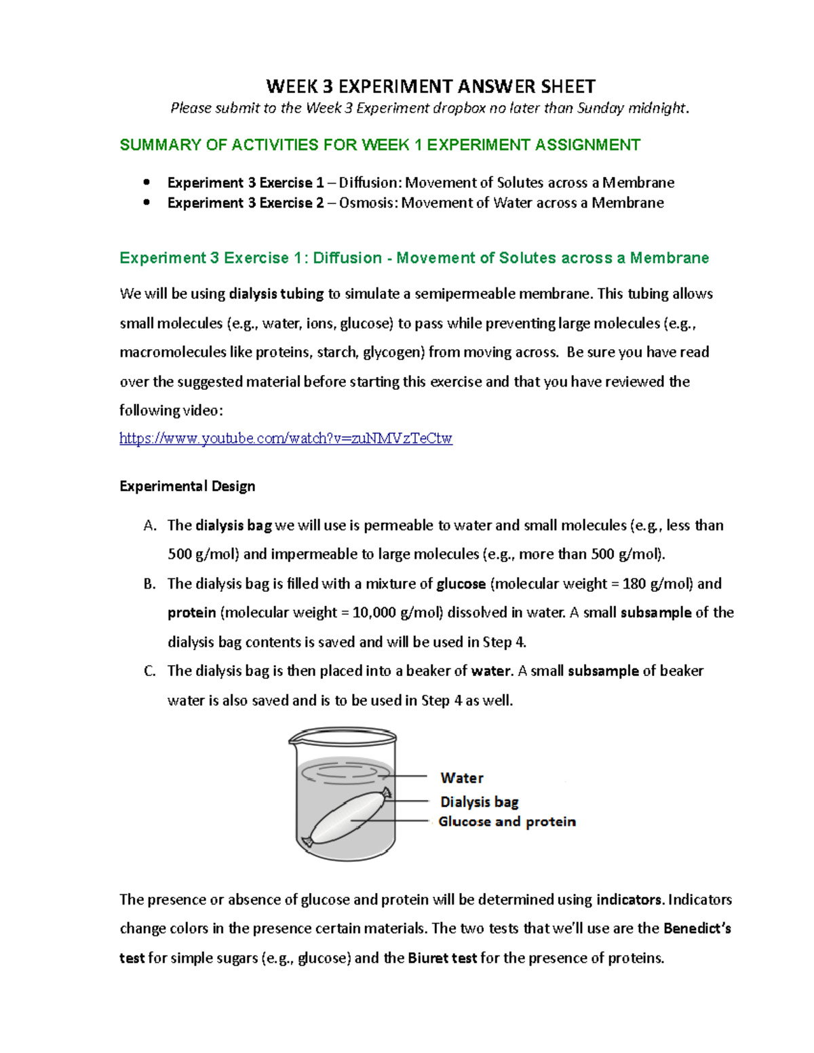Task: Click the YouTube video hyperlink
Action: [286, 439]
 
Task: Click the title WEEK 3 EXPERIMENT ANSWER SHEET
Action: [431, 87]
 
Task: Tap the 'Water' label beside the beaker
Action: [462, 778]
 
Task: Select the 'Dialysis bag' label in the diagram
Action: [480, 801]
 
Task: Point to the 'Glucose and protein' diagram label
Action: [507, 822]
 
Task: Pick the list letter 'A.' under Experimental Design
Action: [151, 525]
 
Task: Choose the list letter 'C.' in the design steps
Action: [151, 671]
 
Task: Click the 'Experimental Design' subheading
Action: [187, 486]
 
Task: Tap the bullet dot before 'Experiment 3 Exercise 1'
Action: [147, 182]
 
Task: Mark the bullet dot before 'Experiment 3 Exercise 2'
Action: [147, 202]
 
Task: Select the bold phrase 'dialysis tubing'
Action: [276, 294]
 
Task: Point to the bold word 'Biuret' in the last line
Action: [429, 958]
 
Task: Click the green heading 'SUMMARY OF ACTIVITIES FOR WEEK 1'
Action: [380, 145]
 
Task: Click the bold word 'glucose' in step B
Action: [461, 584]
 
